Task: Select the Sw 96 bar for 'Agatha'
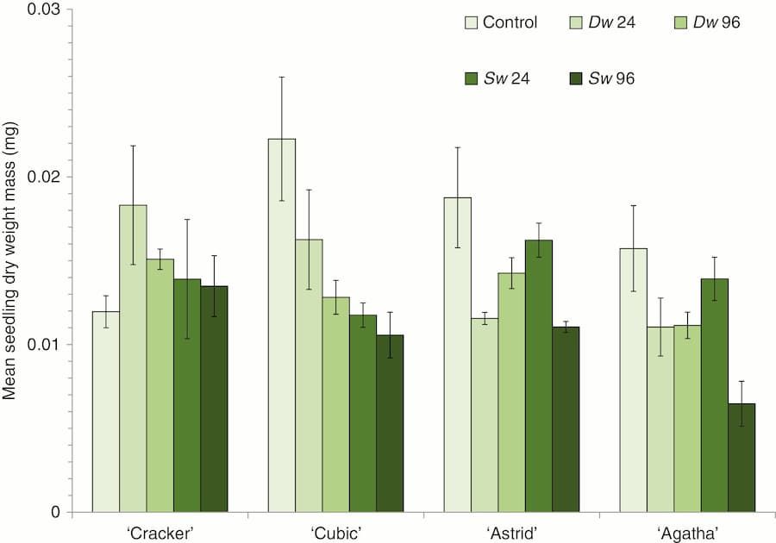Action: [742, 458]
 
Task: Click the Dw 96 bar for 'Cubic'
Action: [335, 404]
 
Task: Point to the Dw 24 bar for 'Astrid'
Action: [485, 415]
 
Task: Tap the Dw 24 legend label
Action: [613, 22]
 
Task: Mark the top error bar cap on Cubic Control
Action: [281, 77]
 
